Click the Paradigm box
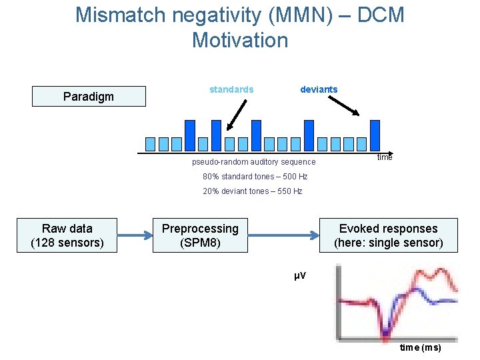(89, 97)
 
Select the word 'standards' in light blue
(231, 89)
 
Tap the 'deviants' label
(319, 89)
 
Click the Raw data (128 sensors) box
(67, 235)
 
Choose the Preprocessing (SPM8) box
(200, 235)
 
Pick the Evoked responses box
(388, 235)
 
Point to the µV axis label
(300, 275)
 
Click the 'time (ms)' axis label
(420, 348)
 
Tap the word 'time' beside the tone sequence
(385, 157)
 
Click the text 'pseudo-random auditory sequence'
(253, 162)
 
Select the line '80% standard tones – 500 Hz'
(255, 177)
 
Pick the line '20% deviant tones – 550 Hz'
(252, 191)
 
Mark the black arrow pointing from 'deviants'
(345, 105)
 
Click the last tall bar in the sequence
(375, 135)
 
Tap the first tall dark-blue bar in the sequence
(190, 135)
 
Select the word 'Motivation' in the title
(240, 40)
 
